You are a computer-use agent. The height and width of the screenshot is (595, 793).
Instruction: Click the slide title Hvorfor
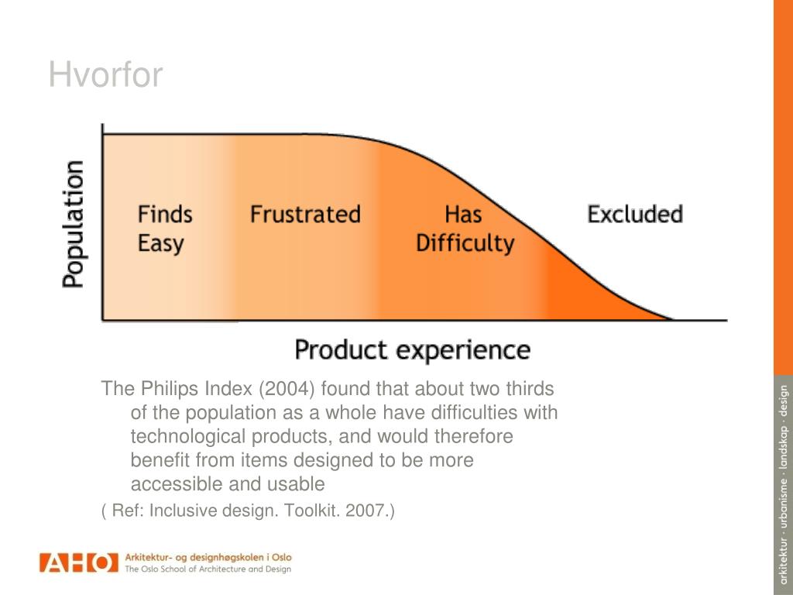[x=105, y=76]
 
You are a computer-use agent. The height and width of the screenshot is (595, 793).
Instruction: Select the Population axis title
[x=74, y=224]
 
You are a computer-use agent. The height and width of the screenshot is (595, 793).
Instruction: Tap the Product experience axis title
[x=412, y=350]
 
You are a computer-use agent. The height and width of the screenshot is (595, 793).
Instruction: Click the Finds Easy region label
[x=164, y=229]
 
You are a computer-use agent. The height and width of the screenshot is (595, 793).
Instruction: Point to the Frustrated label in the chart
[x=305, y=215]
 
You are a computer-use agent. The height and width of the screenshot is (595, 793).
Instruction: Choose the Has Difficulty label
[x=465, y=229]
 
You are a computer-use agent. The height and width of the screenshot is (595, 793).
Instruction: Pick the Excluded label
[x=635, y=215]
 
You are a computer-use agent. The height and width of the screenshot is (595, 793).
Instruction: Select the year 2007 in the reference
[x=365, y=511]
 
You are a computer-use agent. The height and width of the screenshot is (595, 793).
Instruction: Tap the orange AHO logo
[x=78, y=562]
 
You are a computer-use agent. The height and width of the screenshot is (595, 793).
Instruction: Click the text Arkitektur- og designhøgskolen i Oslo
[x=208, y=556]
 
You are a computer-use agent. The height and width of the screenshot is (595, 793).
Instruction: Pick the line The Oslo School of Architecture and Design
[x=208, y=569]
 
